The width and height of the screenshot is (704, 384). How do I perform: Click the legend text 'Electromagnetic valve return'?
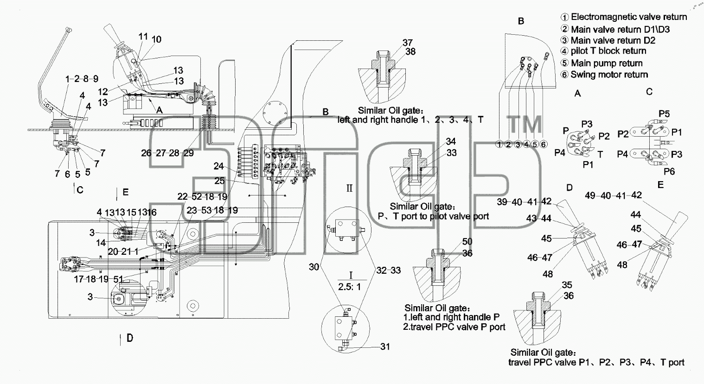(629, 17)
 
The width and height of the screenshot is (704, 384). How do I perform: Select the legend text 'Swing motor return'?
(609, 75)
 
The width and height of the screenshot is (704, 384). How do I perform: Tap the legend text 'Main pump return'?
(607, 63)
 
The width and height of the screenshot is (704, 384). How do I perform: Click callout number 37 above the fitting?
(408, 43)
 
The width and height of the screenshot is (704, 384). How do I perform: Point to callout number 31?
(385, 346)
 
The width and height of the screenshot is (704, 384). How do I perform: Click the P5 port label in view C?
(664, 113)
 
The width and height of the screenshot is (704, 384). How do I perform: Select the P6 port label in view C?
(669, 171)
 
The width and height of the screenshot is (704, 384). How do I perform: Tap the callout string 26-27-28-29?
(167, 153)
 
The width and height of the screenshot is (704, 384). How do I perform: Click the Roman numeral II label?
(349, 189)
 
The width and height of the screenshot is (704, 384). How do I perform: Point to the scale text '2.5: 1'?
(350, 287)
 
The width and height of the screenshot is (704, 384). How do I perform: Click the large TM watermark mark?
(525, 124)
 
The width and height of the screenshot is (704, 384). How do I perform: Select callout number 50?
(467, 241)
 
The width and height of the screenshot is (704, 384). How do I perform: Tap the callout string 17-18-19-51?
(98, 279)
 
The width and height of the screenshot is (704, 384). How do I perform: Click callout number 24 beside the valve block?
(219, 166)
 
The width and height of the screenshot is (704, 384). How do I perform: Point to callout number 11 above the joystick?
(143, 37)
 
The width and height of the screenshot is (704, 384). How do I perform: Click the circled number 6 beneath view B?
(544, 144)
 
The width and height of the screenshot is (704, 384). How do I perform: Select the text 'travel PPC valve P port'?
(458, 327)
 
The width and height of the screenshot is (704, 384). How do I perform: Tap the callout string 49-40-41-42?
(613, 195)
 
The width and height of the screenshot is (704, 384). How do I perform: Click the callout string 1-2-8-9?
(82, 79)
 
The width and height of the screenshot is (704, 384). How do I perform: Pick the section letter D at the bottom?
(130, 338)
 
